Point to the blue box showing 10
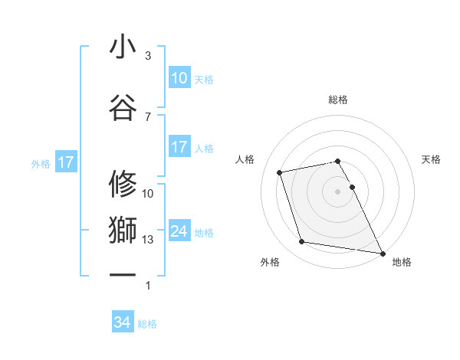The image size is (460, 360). (179, 78)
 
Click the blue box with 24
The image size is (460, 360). (179, 231)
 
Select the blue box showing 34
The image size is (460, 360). (123, 323)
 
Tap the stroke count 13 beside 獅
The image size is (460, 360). (148, 240)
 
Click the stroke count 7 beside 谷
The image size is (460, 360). (148, 116)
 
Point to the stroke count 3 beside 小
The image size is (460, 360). (148, 56)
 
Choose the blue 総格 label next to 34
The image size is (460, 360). (147, 324)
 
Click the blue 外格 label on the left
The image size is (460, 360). (41, 163)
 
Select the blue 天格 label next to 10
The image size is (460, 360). (204, 79)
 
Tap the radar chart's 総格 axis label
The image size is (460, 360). (337, 100)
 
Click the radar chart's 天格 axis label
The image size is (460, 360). (431, 159)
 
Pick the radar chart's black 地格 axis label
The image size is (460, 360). (402, 262)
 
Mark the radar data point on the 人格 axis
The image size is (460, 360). (280, 172)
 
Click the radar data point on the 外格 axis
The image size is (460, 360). (302, 242)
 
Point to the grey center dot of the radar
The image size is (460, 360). (337, 191)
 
